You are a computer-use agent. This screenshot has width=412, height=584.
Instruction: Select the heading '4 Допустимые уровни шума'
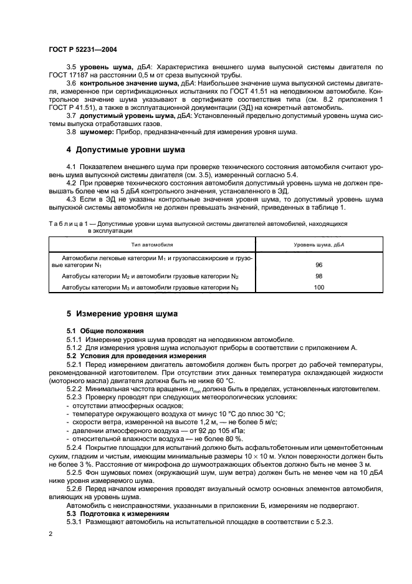(122, 150)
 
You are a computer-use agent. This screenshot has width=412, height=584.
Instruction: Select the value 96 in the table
(319, 265)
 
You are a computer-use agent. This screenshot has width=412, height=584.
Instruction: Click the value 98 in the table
(319, 276)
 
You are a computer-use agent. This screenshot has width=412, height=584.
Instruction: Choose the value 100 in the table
(319, 287)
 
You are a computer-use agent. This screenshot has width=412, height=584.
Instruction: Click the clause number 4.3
(71, 199)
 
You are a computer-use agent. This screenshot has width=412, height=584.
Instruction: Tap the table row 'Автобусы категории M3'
(150, 287)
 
